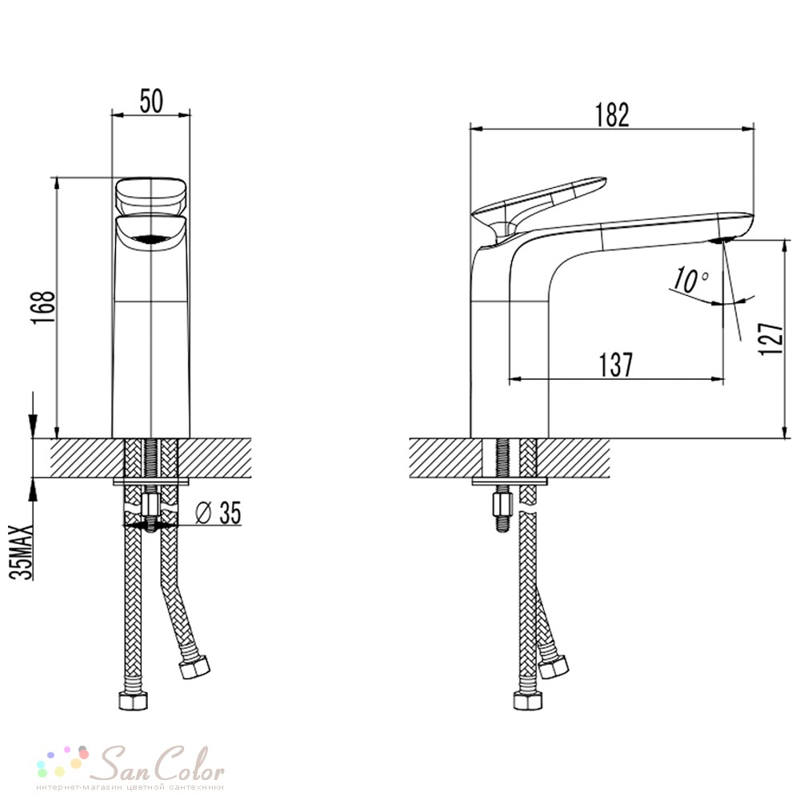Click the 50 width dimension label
click(151, 101)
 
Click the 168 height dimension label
click(43, 307)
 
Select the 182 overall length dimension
click(612, 115)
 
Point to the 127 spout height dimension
click(770, 338)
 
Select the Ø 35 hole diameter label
click(218, 513)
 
